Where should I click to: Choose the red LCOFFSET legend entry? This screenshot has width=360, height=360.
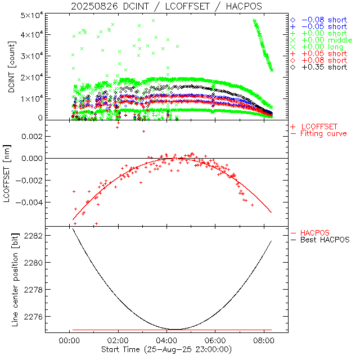click(318, 127)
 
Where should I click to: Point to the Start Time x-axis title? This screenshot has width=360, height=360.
click(166, 350)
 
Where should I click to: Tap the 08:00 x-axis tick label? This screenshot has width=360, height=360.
click(264, 340)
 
